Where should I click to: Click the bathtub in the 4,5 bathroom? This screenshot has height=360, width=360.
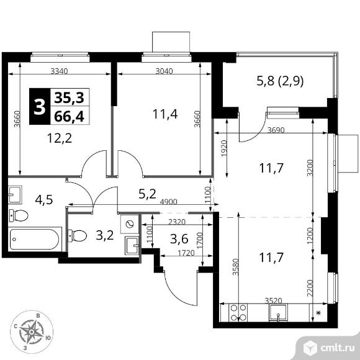pos(35,239)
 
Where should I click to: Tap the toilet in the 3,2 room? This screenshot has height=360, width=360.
pos(78,236)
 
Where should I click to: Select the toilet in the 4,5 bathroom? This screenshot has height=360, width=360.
pos(19,215)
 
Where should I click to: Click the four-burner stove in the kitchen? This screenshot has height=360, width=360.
pos(238,312)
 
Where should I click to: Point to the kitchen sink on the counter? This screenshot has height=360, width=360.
pos(278,312)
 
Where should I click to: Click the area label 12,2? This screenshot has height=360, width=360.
pos(60,138)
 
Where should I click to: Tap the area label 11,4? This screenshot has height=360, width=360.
pos(165,114)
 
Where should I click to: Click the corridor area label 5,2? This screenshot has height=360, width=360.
pos(147,194)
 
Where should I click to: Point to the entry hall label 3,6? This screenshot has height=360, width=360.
pos(179,239)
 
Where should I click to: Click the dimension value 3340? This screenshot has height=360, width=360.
pos(59,71)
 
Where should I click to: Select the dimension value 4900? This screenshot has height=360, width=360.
pos(169,202)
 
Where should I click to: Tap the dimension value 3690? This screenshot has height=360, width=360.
pos(276,130)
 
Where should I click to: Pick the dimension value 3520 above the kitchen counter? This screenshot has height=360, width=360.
pos(273,300)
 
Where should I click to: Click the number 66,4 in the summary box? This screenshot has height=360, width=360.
pos(70,117)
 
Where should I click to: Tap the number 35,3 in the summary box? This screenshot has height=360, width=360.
pos(70,97)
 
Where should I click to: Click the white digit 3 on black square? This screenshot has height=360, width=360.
pos(40,107)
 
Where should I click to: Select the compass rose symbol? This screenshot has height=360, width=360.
pos(32,332)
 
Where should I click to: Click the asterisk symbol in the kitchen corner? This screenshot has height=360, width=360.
pos(318,312)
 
